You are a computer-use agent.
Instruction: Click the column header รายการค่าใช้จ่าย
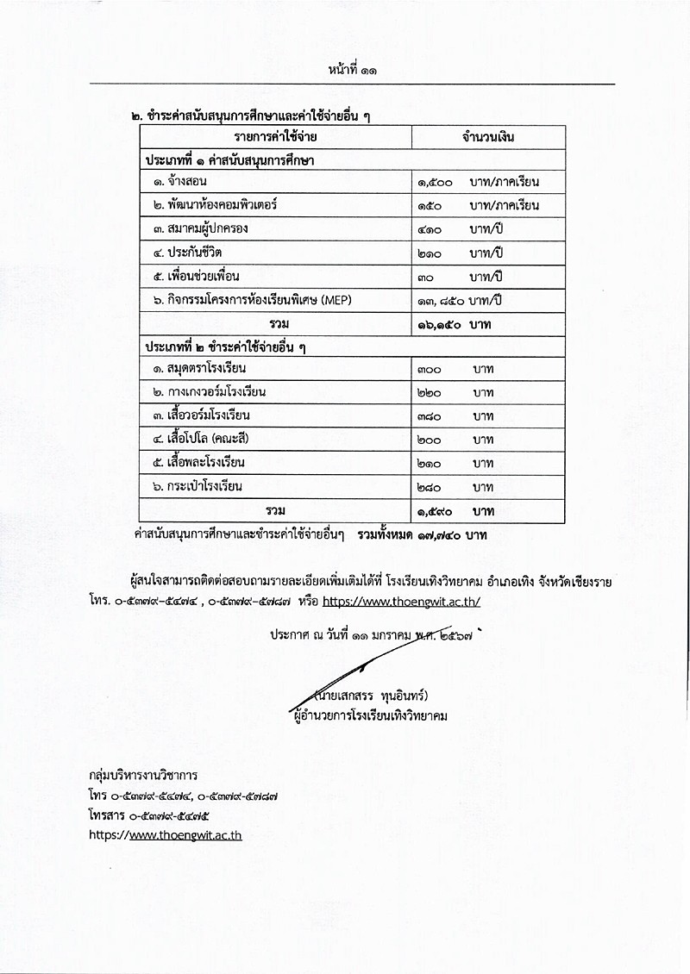(277, 137)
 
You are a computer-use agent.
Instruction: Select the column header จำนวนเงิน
(489, 137)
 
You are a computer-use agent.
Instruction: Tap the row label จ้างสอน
(181, 182)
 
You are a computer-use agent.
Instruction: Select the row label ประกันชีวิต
(191, 253)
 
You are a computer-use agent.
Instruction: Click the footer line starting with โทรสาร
(150, 815)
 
